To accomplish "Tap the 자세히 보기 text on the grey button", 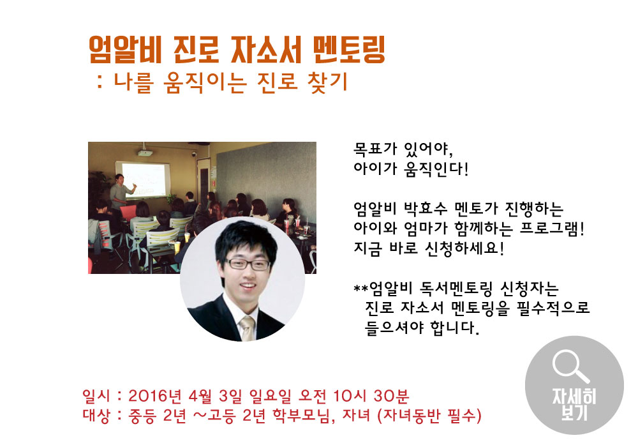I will pyautogui.click(x=574, y=405).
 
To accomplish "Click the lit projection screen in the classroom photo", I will pyautogui.click(x=146, y=181).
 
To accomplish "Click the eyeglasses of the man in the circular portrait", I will pyautogui.click(x=239, y=264).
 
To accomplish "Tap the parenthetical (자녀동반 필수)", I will pyautogui.click(x=428, y=417).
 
